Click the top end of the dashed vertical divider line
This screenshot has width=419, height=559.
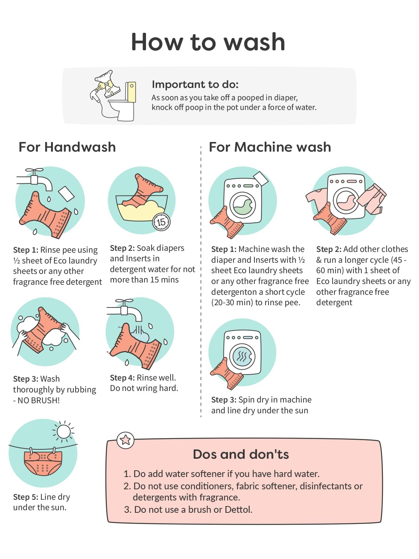201,146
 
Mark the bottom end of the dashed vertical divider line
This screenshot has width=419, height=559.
201,417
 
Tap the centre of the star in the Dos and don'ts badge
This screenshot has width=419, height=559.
125,440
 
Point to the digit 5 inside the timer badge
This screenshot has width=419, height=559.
163,222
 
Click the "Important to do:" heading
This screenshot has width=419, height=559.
195,85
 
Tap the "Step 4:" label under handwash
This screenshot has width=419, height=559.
122,378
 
